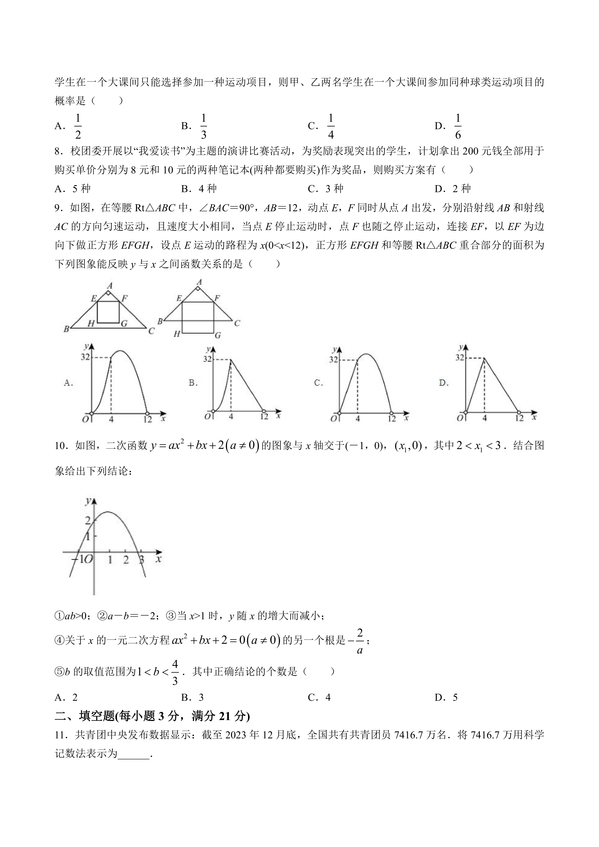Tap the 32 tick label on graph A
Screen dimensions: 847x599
[x=85, y=357]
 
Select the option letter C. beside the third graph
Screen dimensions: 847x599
[x=318, y=383]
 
